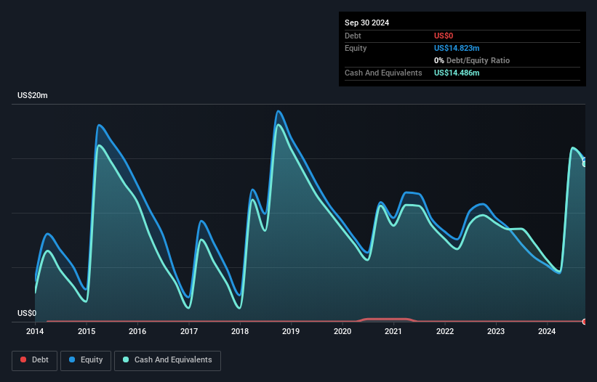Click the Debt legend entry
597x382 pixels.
(33, 359)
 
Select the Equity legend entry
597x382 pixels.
(86, 359)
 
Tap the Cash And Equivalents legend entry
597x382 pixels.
(167, 359)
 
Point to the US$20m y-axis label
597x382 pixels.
(32, 96)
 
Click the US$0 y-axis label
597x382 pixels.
(27, 314)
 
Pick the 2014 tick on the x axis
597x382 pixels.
(35, 332)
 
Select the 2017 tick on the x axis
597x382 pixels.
(189, 332)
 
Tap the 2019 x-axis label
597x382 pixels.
(291, 332)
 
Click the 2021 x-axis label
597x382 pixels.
(393, 332)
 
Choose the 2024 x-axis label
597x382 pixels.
(547, 332)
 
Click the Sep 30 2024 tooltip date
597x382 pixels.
(366, 23)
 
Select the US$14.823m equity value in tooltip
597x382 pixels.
(457, 48)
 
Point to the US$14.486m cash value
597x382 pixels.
(457, 73)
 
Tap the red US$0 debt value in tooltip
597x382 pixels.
(444, 36)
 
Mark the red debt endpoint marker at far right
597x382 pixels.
(585, 321)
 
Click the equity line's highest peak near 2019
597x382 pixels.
(278, 111)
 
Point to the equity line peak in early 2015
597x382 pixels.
(99, 125)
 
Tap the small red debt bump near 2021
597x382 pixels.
(385, 319)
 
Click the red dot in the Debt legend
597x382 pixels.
(23, 359)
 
